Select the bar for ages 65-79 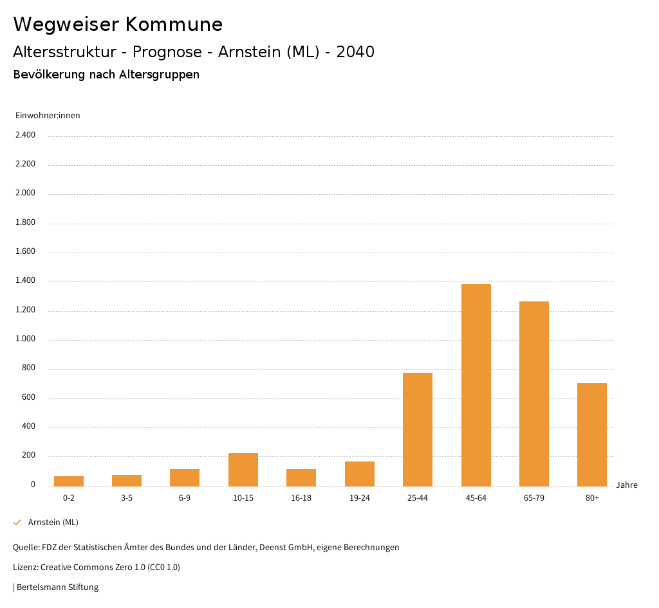pyautogui.click(x=534, y=393)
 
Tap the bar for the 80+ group pyautogui.click(x=592, y=434)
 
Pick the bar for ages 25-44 pyautogui.click(x=418, y=429)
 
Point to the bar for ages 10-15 pyautogui.click(x=243, y=470)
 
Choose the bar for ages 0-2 pyautogui.click(x=69, y=481)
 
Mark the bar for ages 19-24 pyautogui.click(x=360, y=474)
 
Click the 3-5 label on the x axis pyautogui.click(x=127, y=498)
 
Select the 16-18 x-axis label pyautogui.click(x=301, y=498)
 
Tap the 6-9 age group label pyautogui.click(x=185, y=498)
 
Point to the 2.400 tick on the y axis pyautogui.click(x=25, y=135)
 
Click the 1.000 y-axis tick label pyautogui.click(x=25, y=339)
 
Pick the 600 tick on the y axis pyautogui.click(x=28, y=398)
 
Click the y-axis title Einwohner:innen pyautogui.click(x=48, y=116)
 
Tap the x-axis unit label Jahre pyautogui.click(x=626, y=485)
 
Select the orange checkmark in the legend pyautogui.click(x=17, y=523)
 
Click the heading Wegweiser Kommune pyautogui.click(x=118, y=24)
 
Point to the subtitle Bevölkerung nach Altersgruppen pyautogui.click(x=106, y=75)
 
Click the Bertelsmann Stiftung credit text pyautogui.click(x=57, y=587)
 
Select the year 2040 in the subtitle pyautogui.click(x=355, y=52)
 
